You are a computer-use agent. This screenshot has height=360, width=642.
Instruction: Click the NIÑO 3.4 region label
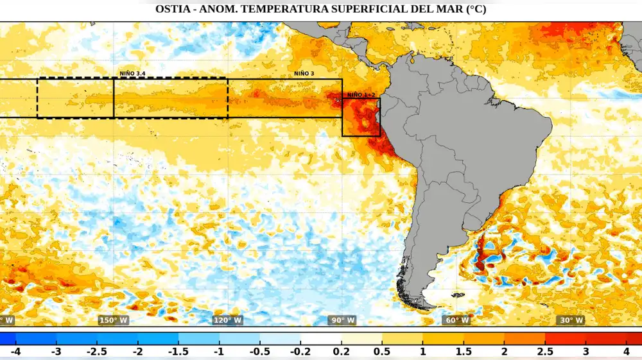[x=132, y=74]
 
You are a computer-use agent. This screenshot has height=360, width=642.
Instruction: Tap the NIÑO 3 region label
[x=304, y=74]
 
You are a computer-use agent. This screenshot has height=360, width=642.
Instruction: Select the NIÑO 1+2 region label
[x=361, y=95]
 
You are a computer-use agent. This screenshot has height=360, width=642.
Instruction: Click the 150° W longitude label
[x=113, y=320]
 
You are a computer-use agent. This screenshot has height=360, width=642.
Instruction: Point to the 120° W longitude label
[x=227, y=320]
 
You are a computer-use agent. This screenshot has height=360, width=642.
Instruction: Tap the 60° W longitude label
[x=456, y=320]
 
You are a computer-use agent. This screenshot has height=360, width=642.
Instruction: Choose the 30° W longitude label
[x=570, y=320]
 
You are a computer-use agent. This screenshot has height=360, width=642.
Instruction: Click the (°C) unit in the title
[x=474, y=10]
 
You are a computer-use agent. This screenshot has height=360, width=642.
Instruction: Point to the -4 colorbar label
[x=15, y=352]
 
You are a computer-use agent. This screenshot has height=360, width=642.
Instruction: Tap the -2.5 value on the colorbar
[x=97, y=352]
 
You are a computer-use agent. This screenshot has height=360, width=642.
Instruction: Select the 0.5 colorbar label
[x=382, y=352]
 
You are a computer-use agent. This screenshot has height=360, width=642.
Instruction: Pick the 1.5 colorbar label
[x=464, y=352]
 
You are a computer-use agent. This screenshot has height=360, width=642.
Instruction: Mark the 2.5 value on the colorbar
[x=545, y=352]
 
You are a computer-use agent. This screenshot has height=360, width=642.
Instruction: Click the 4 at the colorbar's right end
[x=627, y=352]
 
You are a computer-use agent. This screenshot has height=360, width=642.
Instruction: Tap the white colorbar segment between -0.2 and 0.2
[x=321, y=338]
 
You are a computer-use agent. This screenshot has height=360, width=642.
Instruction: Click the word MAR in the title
[x=443, y=10]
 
